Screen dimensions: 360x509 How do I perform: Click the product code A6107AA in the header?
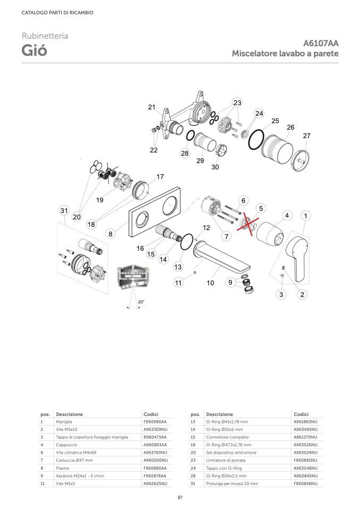point(321,43)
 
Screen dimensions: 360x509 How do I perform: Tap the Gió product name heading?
point(35,50)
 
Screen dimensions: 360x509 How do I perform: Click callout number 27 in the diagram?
point(306,135)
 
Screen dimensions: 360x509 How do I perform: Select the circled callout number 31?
point(64,211)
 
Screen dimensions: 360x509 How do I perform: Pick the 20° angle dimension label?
point(141,302)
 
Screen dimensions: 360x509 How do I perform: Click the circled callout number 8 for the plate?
point(111,234)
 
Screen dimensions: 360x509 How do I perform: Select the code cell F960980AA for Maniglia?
point(155,422)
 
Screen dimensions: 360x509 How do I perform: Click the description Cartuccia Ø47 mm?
point(74,460)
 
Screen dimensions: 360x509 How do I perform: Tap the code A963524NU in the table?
point(305,453)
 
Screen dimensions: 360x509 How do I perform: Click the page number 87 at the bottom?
point(180,497)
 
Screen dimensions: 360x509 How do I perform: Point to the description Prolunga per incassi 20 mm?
point(232,483)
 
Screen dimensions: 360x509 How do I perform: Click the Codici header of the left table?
point(151,414)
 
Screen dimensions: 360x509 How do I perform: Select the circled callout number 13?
point(178,267)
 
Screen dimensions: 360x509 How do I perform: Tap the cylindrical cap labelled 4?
point(270,232)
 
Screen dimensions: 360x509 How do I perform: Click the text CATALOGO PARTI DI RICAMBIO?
point(57,13)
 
